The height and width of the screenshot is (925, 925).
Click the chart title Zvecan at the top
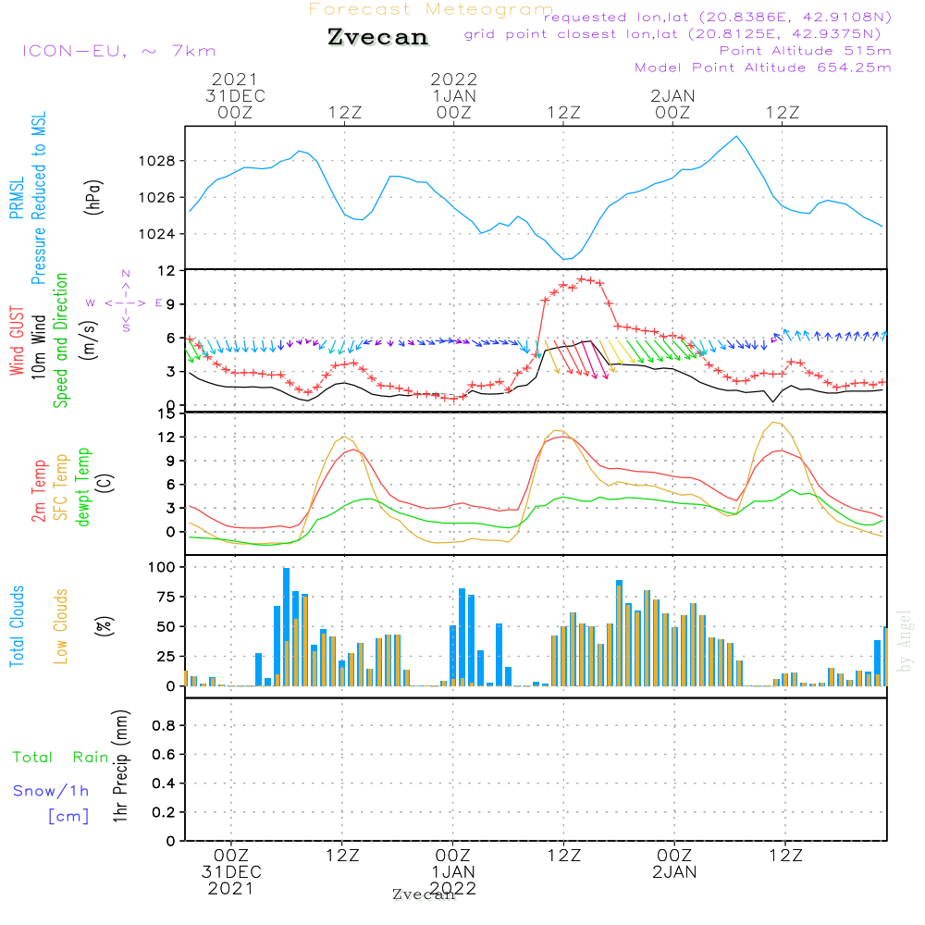(x=378, y=37)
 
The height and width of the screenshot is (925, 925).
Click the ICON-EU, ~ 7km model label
(x=118, y=51)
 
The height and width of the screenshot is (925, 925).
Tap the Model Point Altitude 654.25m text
(x=763, y=68)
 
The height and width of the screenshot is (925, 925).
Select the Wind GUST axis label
(x=18, y=341)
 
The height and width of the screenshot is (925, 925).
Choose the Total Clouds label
(x=18, y=626)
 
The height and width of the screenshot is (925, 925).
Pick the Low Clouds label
(x=61, y=626)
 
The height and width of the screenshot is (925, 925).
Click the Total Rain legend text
(x=60, y=758)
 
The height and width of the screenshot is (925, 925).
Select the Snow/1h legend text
(x=52, y=791)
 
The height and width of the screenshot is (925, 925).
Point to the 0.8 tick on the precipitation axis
(x=164, y=726)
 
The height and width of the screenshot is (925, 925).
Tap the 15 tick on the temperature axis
(x=166, y=413)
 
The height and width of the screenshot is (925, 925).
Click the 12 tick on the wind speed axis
(x=166, y=271)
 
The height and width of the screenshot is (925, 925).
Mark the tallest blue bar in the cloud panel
(x=287, y=626)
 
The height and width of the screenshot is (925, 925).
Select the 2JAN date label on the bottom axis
(x=674, y=872)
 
